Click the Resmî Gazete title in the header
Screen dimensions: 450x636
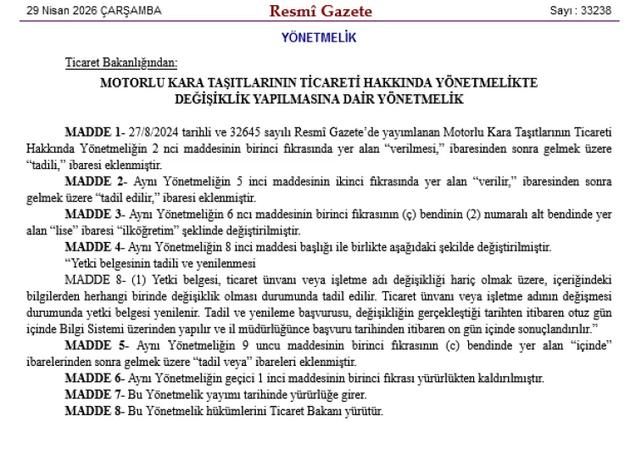click(x=309, y=11)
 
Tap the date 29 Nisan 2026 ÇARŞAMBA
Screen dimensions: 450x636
click(x=93, y=11)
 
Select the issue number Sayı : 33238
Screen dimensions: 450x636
click(x=581, y=11)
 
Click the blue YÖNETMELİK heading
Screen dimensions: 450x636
click(x=319, y=38)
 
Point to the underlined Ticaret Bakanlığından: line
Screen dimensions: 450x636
click(x=121, y=64)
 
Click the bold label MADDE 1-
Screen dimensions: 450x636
click(x=93, y=133)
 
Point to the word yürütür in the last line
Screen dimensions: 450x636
click(x=365, y=411)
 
